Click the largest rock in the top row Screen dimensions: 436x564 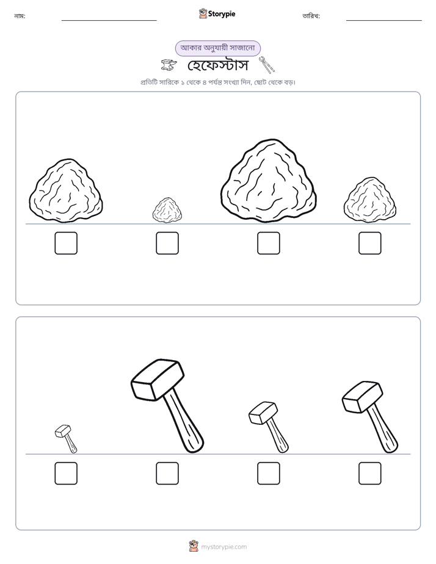pyautogui.click(x=269, y=181)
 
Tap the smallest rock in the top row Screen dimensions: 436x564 pyautogui.click(x=167, y=210)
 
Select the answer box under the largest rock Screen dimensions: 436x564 pyautogui.click(x=269, y=243)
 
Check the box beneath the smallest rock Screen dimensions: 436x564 pyautogui.click(x=167, y=243)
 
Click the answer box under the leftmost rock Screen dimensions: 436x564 pyautogui.click(x=66, y=243)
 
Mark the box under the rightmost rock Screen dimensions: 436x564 pyautogui.click(x=370, y=243)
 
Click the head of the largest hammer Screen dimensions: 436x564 pyautogui.click(x=158, y=379)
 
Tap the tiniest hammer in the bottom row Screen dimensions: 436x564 pyautogui.click(x=66, y=439)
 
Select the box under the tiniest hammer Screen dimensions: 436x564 pyautogui.click(x=66, y=474)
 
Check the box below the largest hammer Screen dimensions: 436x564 pyautogui.click(x=167, y=474)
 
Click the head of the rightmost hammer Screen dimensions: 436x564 pyautogui.click(x=362, y=396)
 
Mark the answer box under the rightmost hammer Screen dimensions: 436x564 pyautogui.click(x=370, y=474)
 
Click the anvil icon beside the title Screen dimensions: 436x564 pyautogui.click(x=169, y=65)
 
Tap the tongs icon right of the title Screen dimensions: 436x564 pyautogui.click(x=267, y=65)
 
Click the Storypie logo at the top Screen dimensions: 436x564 pyautogui.click(x=217, y=13)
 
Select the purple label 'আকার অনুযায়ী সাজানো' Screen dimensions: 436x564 pyautogui.click(x=217, y=48)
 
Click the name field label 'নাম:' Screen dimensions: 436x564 pyautogui.click(x=20, y=16)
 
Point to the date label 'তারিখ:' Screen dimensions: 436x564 pyautogui.click(x=311, y=16)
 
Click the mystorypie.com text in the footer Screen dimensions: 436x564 pyautogui.click(x=223, y=547)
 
